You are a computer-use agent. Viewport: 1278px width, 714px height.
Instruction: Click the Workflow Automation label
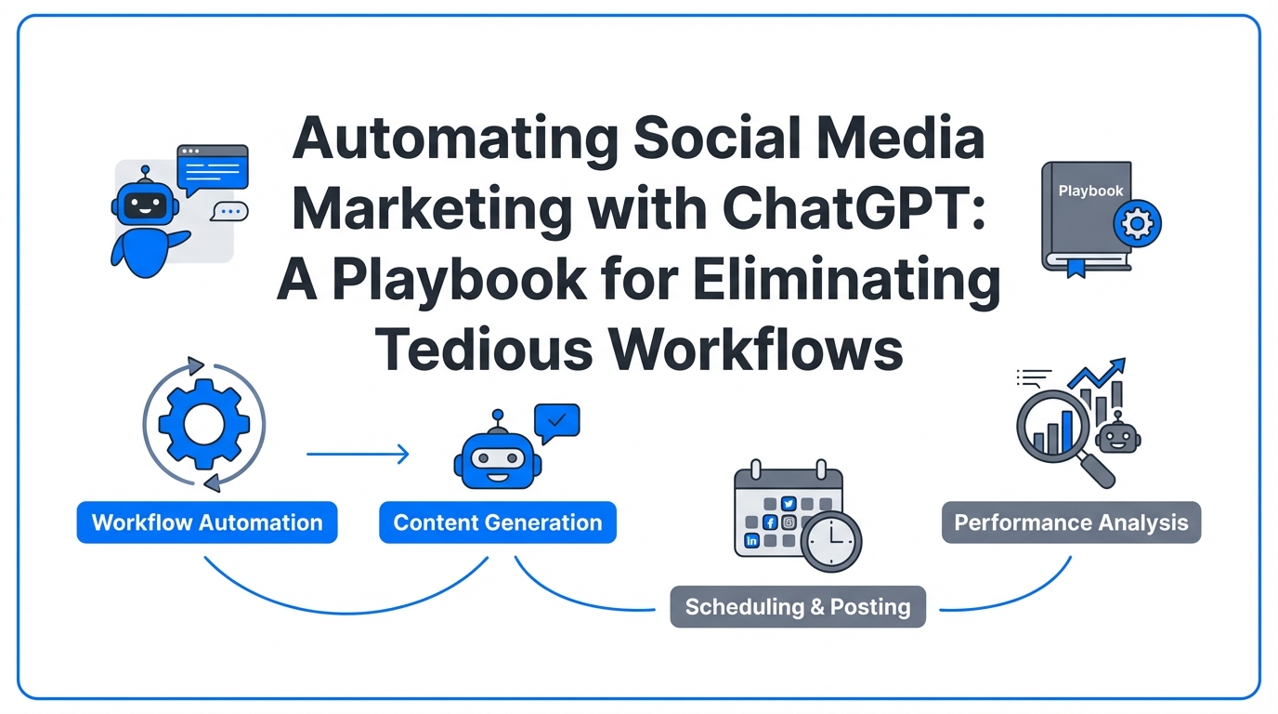206,522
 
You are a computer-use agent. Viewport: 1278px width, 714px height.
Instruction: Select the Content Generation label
497,522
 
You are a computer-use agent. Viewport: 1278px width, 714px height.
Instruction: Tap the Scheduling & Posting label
797,607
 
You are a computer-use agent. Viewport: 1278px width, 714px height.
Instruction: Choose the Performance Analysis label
1071,522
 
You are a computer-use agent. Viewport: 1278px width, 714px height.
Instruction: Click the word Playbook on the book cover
1090,191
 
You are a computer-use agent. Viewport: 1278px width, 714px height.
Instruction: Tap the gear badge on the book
1137,223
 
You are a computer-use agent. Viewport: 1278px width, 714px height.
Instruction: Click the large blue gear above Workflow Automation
202,423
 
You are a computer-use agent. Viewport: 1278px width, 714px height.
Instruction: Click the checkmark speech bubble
557,422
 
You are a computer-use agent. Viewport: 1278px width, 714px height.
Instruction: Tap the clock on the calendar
831,541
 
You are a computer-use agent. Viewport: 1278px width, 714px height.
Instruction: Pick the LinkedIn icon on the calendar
752,540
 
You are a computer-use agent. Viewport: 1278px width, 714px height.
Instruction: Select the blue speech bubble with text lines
213,168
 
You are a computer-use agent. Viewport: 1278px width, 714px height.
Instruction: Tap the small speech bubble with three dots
228,212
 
